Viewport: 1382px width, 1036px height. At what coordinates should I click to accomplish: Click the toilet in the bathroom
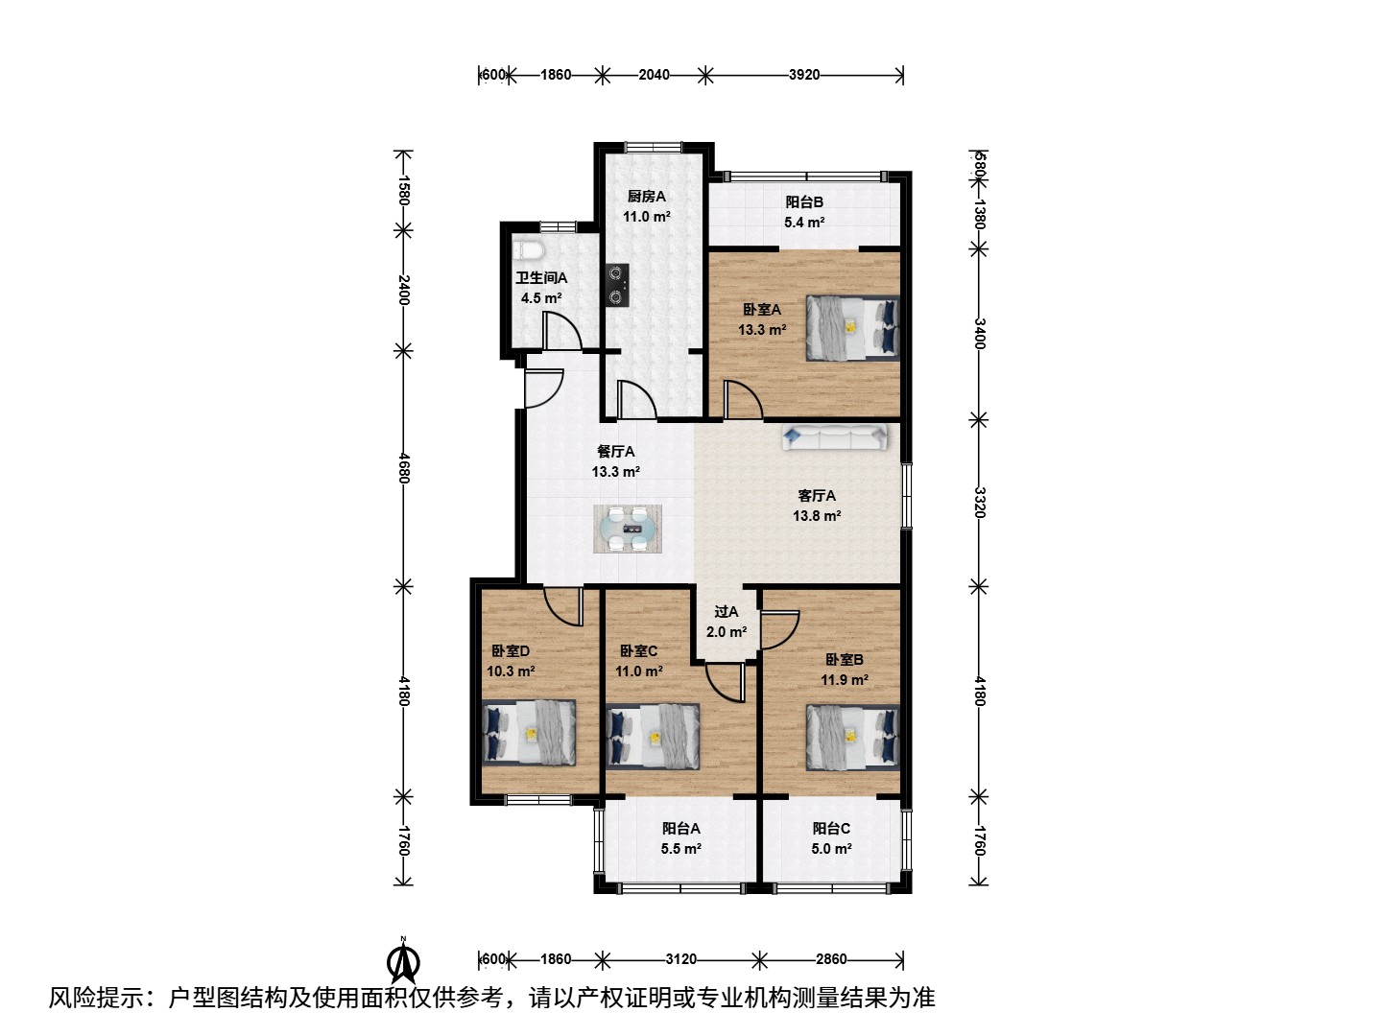coord(528,251)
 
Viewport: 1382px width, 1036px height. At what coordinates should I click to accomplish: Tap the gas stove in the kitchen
coord(617,286)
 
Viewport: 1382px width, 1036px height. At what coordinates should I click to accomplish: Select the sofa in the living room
coord(835,436)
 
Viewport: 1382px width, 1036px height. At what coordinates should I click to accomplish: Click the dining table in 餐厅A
coord(627,529)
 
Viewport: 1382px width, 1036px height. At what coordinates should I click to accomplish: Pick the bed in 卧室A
coord(852,328)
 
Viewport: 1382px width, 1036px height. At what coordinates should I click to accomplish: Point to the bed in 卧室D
coord(529,732)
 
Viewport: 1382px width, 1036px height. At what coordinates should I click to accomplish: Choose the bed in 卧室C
coord(653,736)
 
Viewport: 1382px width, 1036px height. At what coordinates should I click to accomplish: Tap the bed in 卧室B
coord(852,736)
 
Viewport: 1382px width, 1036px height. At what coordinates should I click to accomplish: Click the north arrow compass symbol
coord(403,959)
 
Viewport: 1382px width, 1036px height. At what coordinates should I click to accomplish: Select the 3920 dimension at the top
coord(804,75)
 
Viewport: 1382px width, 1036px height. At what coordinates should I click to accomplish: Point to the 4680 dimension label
coord(404,469)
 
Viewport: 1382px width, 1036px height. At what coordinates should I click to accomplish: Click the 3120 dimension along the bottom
coord(680,959)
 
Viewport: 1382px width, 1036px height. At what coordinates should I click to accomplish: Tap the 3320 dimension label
coord(979,502)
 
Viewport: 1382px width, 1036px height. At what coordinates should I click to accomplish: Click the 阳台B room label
coord(804,201)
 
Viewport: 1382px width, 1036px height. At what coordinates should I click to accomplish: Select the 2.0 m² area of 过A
coord(726,631)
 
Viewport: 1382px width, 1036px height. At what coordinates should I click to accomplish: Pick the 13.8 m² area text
coord(817,516)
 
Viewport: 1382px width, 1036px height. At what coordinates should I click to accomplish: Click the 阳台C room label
coord(831,829)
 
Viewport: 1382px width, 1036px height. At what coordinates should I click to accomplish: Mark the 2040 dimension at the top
coord(654,75)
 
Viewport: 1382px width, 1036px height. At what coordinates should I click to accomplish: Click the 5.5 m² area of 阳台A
coord(680,849)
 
